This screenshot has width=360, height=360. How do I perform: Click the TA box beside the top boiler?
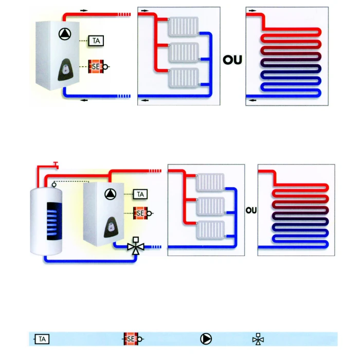click(x=95, y=40)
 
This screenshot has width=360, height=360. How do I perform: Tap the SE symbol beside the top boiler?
click(x=97, y=66)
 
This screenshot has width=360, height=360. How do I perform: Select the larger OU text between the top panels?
click(x=232, y=60)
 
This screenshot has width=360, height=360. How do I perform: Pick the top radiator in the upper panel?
click(x=183, y=26)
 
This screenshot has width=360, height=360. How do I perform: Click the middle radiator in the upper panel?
click(x=183, y=52)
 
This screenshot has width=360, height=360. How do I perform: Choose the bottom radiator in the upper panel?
click(x=183, y=77)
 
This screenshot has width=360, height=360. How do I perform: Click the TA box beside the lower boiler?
click(x=140, y=194)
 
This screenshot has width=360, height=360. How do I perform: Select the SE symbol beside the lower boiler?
click(x=140, y=212)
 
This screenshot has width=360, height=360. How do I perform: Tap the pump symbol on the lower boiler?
click(x=111, y=194)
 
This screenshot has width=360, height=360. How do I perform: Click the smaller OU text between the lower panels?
click(x=251, y=210)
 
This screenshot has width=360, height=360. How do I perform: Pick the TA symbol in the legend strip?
click(x=43, y=339)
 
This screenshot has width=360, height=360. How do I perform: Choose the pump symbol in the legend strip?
click(x=206, y=339)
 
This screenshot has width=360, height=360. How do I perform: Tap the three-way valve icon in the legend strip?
click(x=258, y=339)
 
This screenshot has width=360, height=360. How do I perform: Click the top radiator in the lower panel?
click(x=210, y=182)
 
